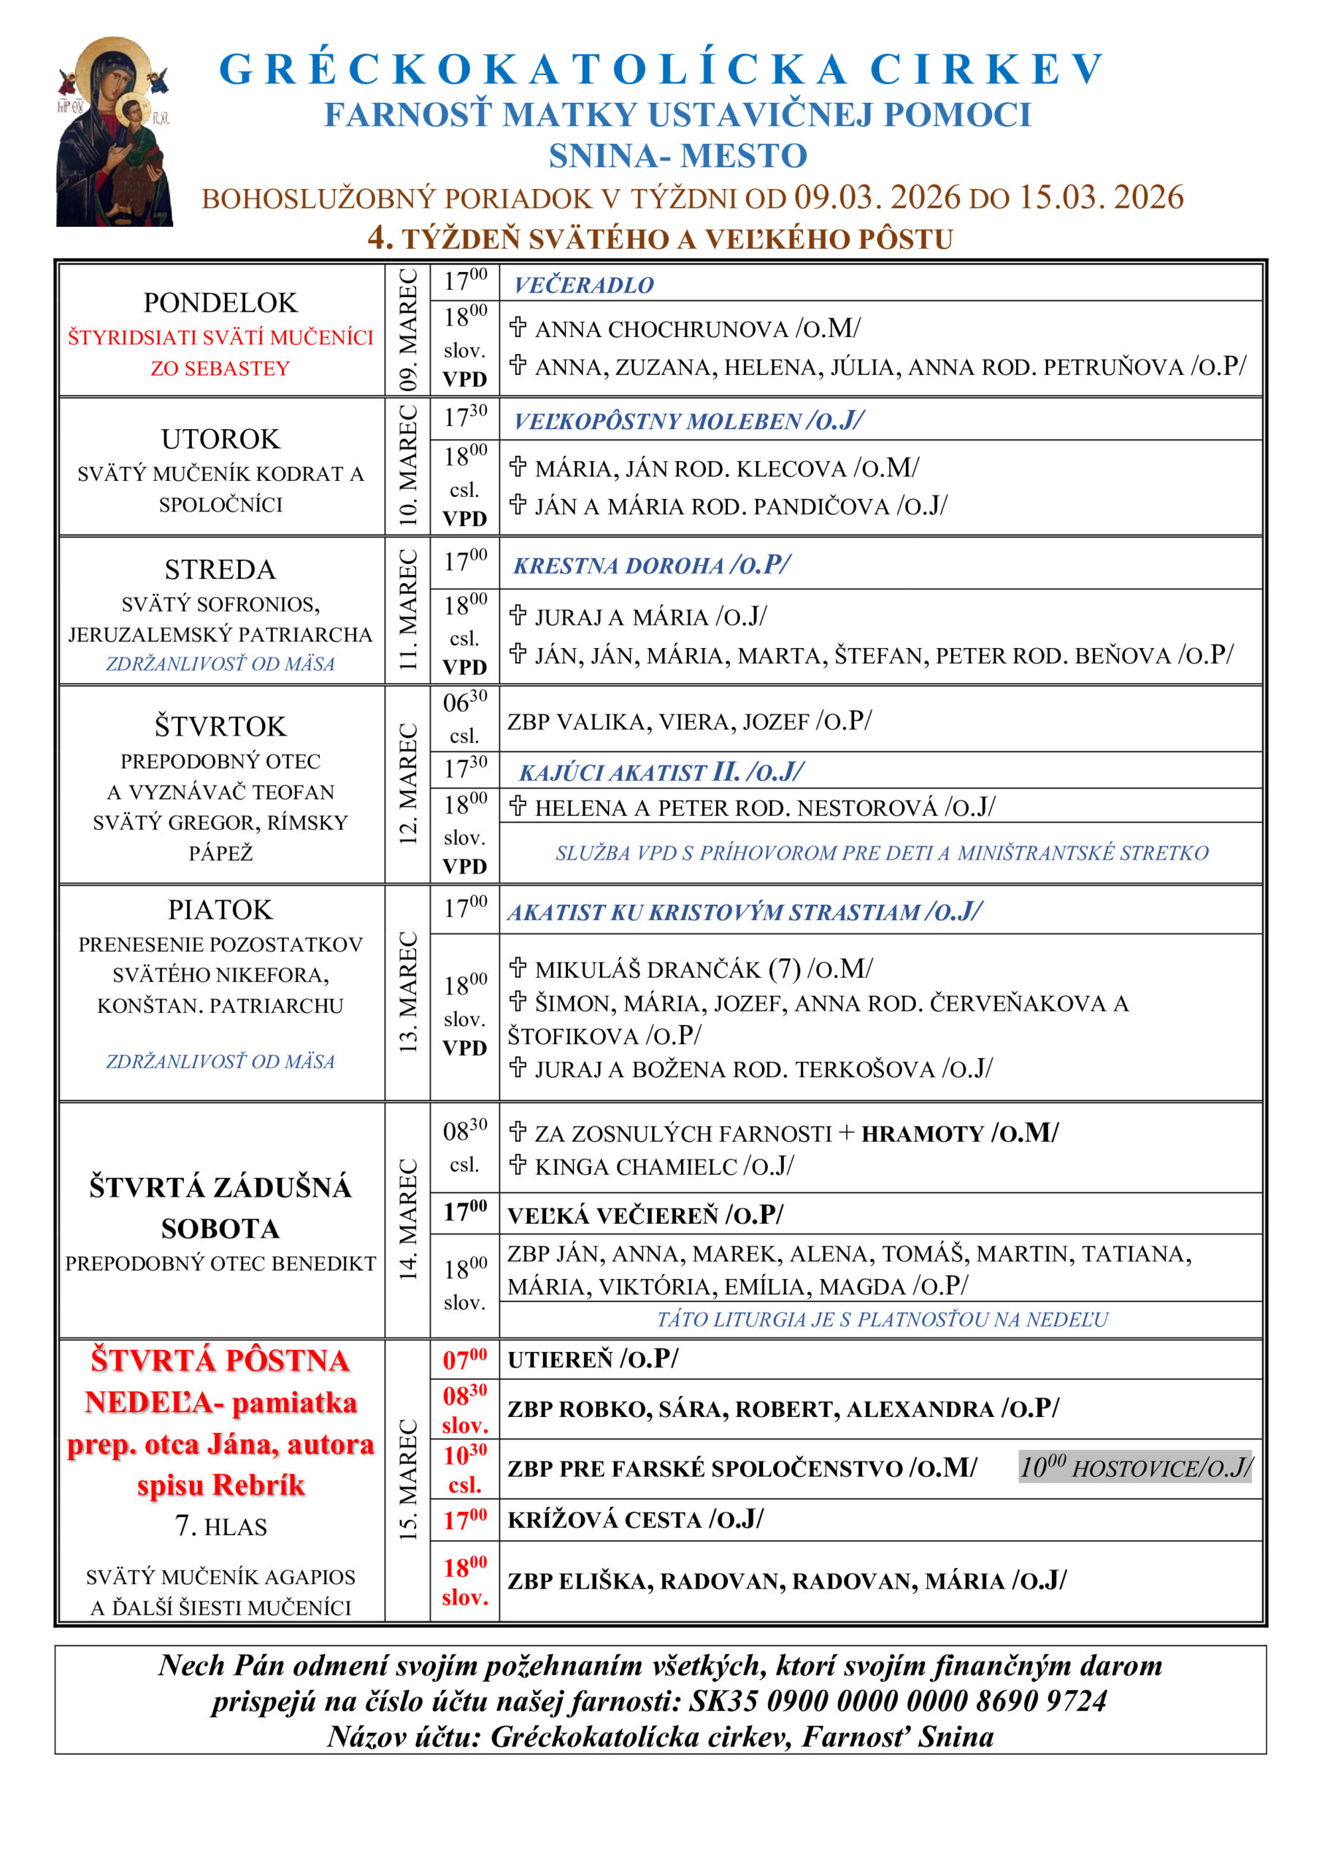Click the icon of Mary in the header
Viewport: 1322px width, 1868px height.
click(x=114, y=132)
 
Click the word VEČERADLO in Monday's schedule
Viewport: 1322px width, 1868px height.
click(x=584, y=285)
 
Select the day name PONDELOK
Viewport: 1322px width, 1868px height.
click(x=220, y=303)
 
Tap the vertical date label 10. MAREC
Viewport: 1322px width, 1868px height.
click(x=408, y=466)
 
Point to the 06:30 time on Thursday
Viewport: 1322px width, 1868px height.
click(x=465, y=701)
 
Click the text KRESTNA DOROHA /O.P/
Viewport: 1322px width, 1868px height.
click(x=651, y=565)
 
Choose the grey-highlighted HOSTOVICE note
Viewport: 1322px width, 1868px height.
click(x=1136, y=1467)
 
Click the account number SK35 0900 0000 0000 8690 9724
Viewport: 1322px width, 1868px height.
click(x=898, y=1700)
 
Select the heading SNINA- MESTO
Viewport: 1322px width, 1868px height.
click(x=677, y=155)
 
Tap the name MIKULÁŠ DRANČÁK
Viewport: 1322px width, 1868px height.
click(x=648, y=969)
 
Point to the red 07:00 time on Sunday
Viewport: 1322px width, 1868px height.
click(x=465, y=1359)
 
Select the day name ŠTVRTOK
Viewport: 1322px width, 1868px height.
click(x=220, y=726)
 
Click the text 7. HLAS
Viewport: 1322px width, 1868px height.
click(x=220, y=1527)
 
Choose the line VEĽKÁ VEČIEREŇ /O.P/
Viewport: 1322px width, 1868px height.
click(x=645, y=1215)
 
